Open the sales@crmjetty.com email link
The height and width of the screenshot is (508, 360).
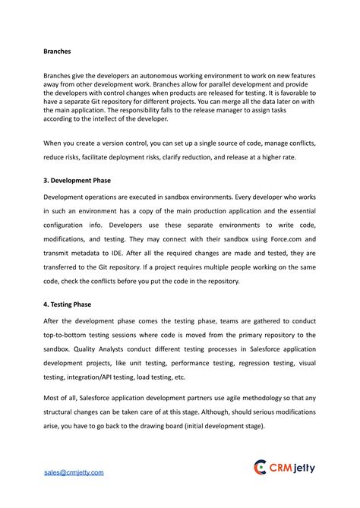(73, 472)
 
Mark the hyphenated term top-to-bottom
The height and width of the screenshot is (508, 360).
(69, 335)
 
